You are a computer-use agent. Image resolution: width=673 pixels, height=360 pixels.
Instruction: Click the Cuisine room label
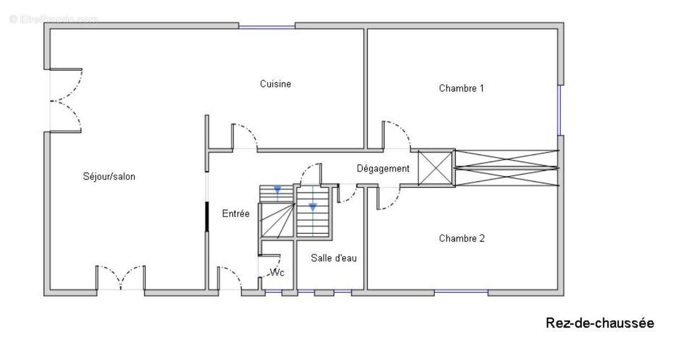(x=275, y=84)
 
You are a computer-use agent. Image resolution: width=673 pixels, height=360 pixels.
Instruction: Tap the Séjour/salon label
(x=109, y=177)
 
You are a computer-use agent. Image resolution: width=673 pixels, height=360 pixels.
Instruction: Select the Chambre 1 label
(x=461, y=89)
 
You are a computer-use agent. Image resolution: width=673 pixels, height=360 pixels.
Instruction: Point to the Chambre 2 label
(x=462, y=238)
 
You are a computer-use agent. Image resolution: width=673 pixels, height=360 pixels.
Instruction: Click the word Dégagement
(x=383, y=169)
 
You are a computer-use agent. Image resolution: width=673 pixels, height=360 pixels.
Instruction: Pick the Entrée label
(x=236, y=214)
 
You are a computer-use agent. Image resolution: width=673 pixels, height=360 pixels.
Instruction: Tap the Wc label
(x=277, y=273)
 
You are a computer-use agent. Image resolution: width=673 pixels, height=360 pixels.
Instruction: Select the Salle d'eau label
(x=334, y=258)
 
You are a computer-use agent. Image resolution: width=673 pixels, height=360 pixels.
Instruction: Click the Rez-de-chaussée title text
(x=600, y=323)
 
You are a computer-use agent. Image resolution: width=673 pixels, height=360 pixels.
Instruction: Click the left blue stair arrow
(x=277, y=190)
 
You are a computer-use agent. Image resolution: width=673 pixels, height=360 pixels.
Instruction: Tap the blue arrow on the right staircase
(x=313, y=207)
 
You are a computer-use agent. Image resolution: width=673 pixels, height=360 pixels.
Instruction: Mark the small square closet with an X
(x=435, y=168)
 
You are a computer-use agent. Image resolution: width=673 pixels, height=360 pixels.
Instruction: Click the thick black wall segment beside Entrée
(x=207, y=216)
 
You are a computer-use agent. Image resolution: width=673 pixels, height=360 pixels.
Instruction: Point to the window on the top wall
(x=267, y=27)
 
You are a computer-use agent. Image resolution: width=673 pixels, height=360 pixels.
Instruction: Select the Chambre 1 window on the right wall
(x=559, y=110)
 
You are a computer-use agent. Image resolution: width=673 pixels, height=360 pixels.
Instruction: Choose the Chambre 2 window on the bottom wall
(x=461, y=291)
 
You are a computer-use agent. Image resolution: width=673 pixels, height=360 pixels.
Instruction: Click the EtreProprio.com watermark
(x=54, y=19)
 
